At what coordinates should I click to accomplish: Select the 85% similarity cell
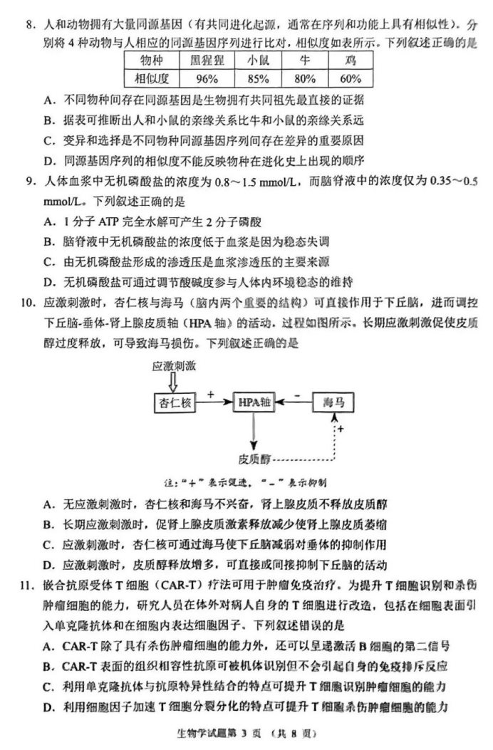point(254,78)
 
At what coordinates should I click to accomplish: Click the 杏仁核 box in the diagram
point(175,403)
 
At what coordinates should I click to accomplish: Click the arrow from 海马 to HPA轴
point(293,403)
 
